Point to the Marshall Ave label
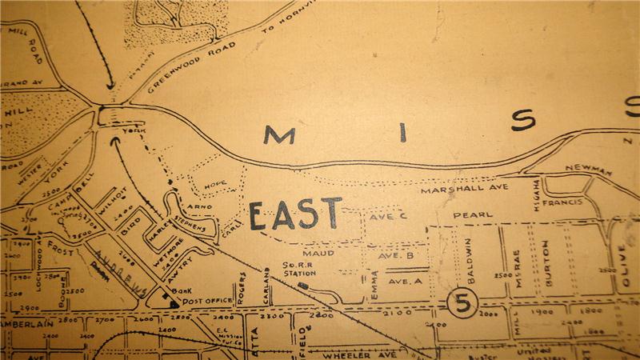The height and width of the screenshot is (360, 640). click(x=454, y=190)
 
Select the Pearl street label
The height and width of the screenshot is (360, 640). click(x=473, y=215)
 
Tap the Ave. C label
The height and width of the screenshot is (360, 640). click(x=387, y=215)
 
